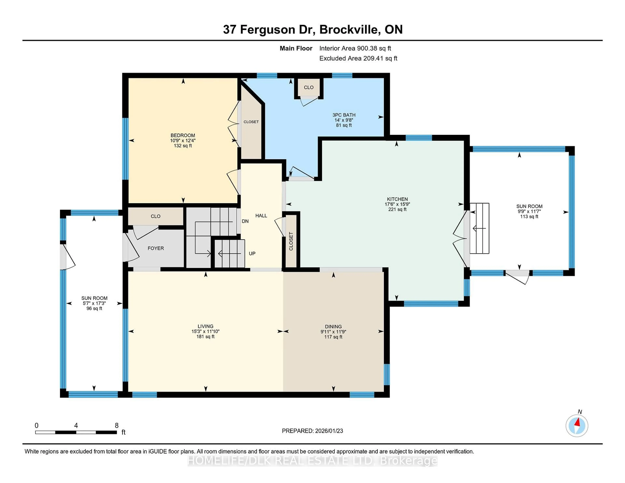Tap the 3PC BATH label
[x=344, y=115]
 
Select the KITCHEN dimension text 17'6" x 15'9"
[x=397, y=204]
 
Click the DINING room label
[x=333, y=326]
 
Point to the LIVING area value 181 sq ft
[x=205, y=337]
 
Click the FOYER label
[x=156, y=248]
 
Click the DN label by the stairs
[x=245, y=221]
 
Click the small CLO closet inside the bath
[x=308, y=87]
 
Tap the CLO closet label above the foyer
[x=155, y=216]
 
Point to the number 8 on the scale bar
[x=117, y=426]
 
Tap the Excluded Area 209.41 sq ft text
[x=358, y=58]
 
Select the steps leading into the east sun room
[x=479, y=228]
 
